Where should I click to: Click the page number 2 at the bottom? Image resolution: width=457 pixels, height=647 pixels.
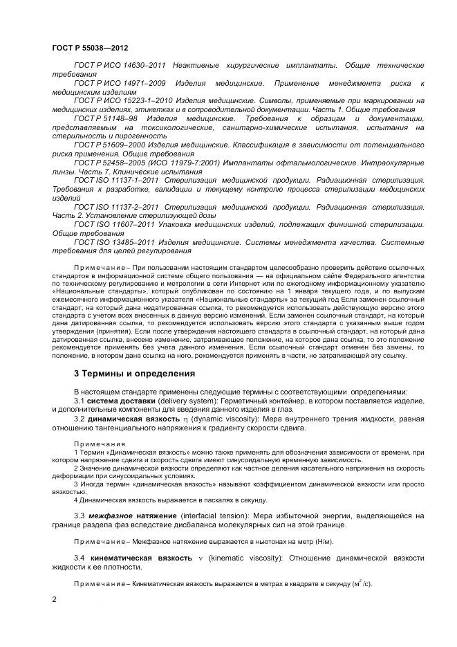point(55,599)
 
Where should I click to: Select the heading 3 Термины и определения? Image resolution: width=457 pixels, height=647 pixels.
point(134,373)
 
